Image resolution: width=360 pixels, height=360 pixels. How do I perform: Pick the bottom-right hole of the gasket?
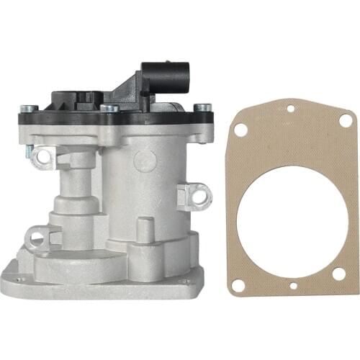337,274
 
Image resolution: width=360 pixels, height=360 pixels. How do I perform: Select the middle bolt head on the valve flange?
109,108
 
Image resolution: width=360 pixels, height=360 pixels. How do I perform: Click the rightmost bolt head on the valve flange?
204,108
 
